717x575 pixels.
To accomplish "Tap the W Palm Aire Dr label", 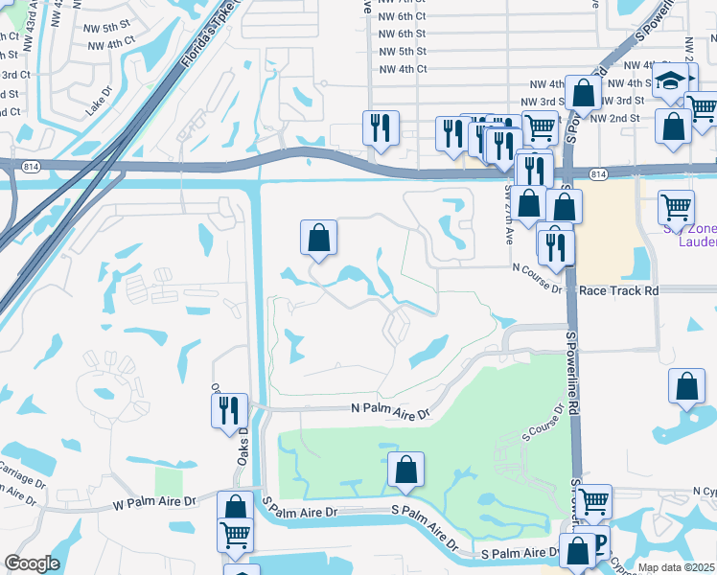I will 154,502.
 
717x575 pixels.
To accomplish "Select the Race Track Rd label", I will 619,289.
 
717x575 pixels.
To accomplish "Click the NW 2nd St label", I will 614,118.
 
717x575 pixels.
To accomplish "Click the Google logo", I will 32,563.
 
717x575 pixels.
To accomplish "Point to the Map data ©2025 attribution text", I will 676,567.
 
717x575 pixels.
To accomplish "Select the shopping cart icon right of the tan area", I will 677,205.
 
